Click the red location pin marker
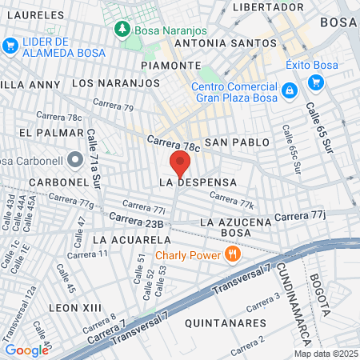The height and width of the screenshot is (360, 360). pyautogui.click(x=179, y=164)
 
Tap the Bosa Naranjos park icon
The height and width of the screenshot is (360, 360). pyautogui.click(x=122, y=30)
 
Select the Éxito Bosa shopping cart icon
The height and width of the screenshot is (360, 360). pyautogui.click(x=314, y=82)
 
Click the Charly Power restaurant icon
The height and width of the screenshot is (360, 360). pyautogui.click(x=233, y=255)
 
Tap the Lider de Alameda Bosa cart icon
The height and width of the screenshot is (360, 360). pyautogui.click(x=10, y=46)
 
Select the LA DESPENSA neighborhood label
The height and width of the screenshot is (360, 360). pyautogui.click(x=198, y=182)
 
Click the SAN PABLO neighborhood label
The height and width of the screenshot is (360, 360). pyautogui.click(x=234, y=142)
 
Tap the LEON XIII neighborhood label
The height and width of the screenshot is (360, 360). pyautogui.click(x=75, y=307)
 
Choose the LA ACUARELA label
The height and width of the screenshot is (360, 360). pyautogui.click(x=128, y=239)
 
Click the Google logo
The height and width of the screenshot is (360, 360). pyautogui.click(x=26, y=350)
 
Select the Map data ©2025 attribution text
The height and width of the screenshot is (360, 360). pyautogui.click(x=326, y=354)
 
